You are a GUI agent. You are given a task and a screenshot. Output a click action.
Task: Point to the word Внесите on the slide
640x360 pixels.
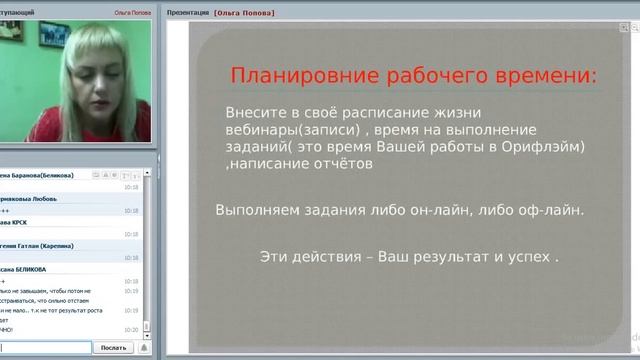coord(255,113)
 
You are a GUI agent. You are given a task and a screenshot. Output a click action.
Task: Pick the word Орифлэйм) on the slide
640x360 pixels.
coord(548,147)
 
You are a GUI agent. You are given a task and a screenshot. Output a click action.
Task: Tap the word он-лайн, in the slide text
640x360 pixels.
coord(444,210)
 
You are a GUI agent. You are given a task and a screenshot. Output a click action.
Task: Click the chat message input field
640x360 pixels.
coord(45,347)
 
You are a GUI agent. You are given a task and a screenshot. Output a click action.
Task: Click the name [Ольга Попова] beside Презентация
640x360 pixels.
coord(244,12)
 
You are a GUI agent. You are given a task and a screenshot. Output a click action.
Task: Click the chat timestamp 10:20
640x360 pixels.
coord(131,328)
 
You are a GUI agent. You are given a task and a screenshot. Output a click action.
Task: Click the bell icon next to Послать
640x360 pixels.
coord(143,347)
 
